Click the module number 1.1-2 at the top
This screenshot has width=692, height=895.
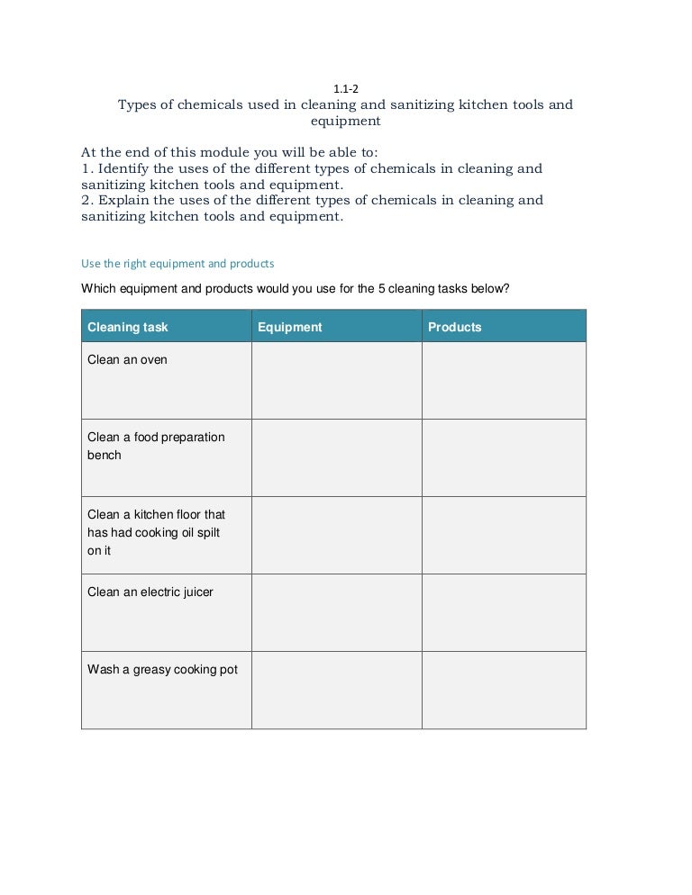pos(347,89)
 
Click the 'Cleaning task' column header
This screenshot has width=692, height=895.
pos(127,327)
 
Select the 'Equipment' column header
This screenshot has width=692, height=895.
pos(289,327)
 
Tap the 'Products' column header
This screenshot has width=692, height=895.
pos(454,327)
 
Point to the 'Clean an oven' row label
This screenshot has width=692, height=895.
pos(127,360)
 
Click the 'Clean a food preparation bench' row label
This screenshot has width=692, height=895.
pos(156,446)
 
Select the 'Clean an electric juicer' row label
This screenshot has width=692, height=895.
pos(150,592)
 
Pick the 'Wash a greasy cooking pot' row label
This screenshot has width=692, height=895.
pos(162,670)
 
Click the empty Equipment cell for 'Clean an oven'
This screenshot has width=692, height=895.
pos(336,380)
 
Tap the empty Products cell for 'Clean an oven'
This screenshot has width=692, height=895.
pos(504,380)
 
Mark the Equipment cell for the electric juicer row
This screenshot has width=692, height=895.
pos(336,612)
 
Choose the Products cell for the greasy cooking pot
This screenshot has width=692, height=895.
pos(504,690)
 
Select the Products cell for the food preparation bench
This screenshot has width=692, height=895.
pos(504,457)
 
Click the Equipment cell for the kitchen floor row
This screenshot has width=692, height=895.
pos(336,535)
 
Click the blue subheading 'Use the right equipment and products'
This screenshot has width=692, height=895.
pos(178,264)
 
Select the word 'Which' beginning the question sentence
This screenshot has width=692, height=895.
pos(98,290)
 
